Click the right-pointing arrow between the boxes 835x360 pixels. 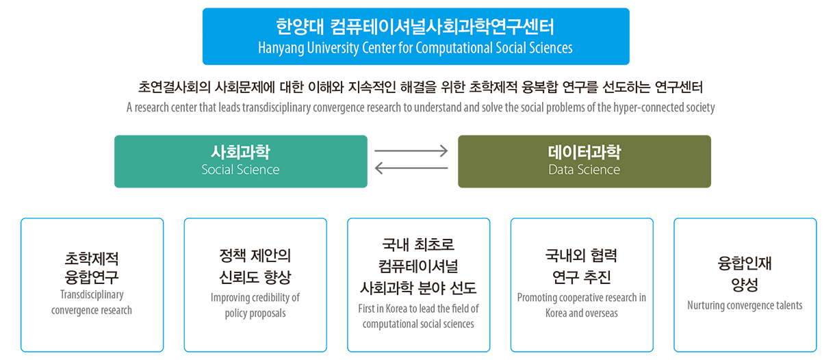pos(411,151)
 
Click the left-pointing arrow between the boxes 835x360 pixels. pos(411,168)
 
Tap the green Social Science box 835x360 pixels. pos(241,162)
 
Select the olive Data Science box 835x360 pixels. pos(584,162)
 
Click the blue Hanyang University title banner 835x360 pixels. pos(416,36)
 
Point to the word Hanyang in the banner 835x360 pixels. pos(281,48)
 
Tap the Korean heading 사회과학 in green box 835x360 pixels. pos(240,152)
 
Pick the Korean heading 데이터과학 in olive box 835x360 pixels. pos(584,152)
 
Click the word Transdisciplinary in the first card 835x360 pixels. pos(92,294)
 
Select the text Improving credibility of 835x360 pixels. pos(255,298)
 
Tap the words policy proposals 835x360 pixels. pos(255,313)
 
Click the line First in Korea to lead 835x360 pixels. pos(418,309)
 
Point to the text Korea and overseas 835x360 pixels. pos(582,313)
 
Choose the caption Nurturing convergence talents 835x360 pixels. pos(745,305)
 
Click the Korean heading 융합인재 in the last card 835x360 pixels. pos(745,263)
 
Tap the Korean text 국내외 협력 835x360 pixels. pos(581,256)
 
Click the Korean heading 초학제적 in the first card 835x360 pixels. pos(92,258)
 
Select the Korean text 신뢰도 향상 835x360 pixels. pos(255,277)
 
